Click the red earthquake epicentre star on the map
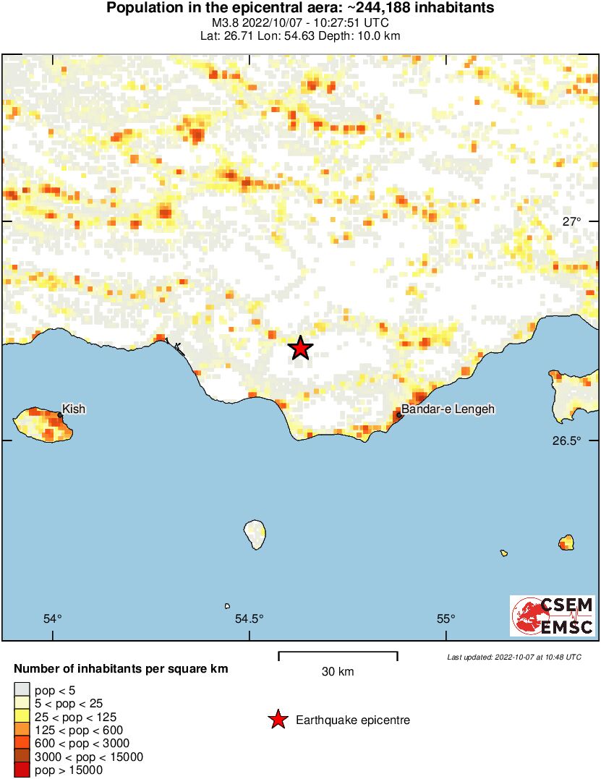(x=301, y=349)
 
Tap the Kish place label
(x=74, y=409)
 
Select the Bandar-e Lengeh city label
(x=448, y=409)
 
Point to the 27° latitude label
(x=571, y=221)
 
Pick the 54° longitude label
(x=53, y=618)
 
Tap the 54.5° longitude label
(x=250, y=618)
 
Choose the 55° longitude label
(x=446, y=618)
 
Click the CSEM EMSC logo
(x=553, y=616)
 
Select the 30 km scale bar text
(x=338, y=672)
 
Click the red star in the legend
(x=277, y=720)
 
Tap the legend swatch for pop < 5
(x=22, y=690)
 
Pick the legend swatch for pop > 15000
(x=22, y=770)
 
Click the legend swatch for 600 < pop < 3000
(x=22, y=744)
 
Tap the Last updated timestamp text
(x=513, y=657)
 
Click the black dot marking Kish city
(x=60, y=415)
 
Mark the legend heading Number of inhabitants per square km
(x=121, y=669)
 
